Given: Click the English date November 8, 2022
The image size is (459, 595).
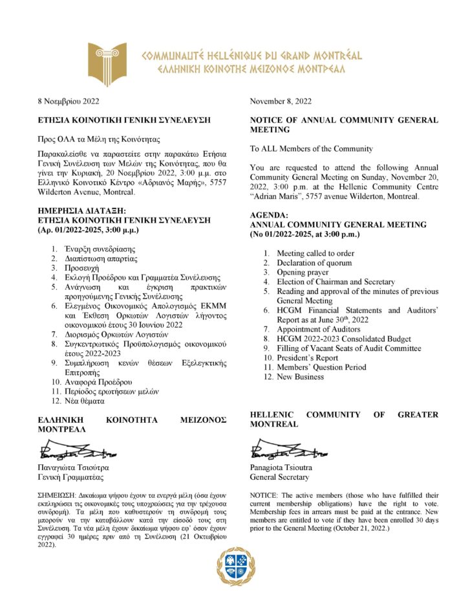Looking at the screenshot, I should pyautogui.click(x=281, y=101).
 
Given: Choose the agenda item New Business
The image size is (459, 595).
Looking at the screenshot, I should pyautogui.click(x=300, y=377).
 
